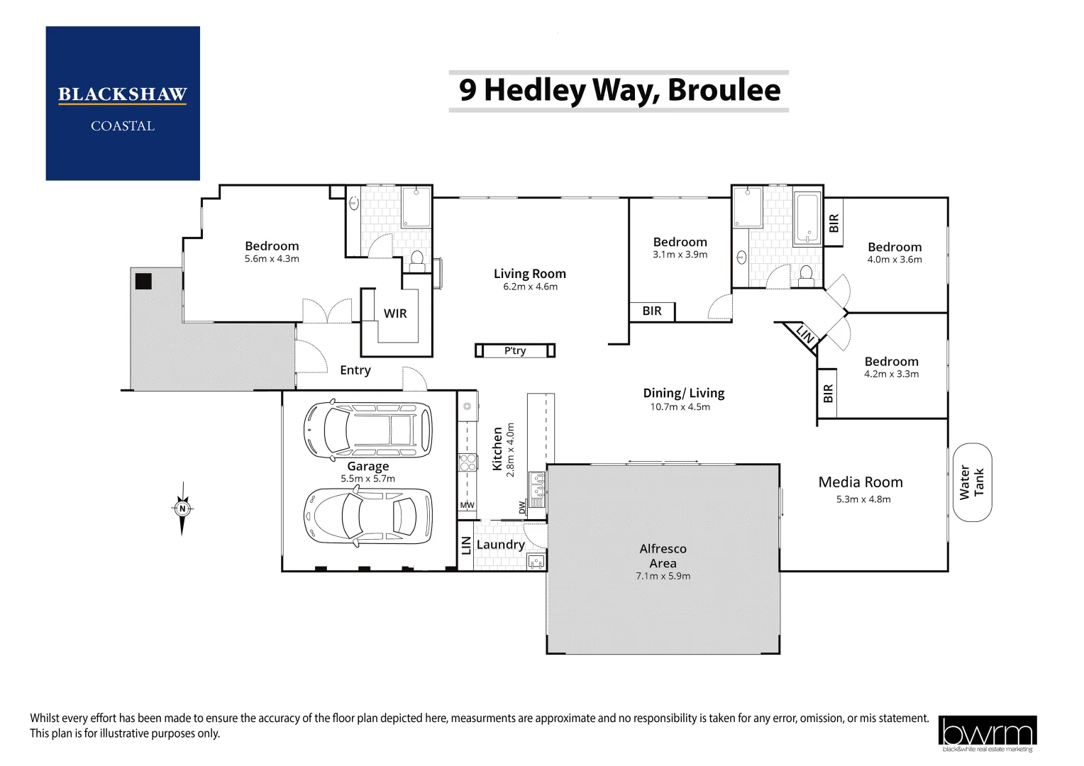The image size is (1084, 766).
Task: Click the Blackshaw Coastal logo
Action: (x=123, y=103)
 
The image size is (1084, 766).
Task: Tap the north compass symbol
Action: (x=182, y=509)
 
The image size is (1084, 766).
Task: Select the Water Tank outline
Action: (x=972, y=482)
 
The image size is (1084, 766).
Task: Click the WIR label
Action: (x=395, y=313)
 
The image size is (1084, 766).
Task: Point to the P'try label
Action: (x=515, y=350)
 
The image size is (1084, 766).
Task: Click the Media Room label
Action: (x=861, y=482)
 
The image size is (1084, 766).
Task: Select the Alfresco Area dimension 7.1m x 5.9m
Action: (x=663, y=576)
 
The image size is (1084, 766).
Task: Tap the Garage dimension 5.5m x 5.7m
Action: (x=367, y=479)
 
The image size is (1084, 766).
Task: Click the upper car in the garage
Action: (x=367, y=429)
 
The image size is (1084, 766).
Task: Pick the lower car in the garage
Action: (x=367, y=516)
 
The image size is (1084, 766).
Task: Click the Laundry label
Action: (x=500, y=545)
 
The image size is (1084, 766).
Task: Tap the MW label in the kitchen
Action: (x=467, y=505)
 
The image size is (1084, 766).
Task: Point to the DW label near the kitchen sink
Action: (x=521, y=507)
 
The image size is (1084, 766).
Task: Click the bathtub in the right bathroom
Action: (x=807, y=218)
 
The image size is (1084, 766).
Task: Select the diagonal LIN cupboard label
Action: (x=804, y=334)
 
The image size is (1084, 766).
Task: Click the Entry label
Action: (x=355, y=370)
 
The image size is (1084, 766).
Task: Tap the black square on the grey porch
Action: (x=143, y=281)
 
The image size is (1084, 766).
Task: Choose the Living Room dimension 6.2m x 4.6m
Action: (x=530, y=287)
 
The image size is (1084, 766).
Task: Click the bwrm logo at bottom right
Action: (x=988, y=733)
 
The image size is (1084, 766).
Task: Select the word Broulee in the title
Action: (x=724, y=90)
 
